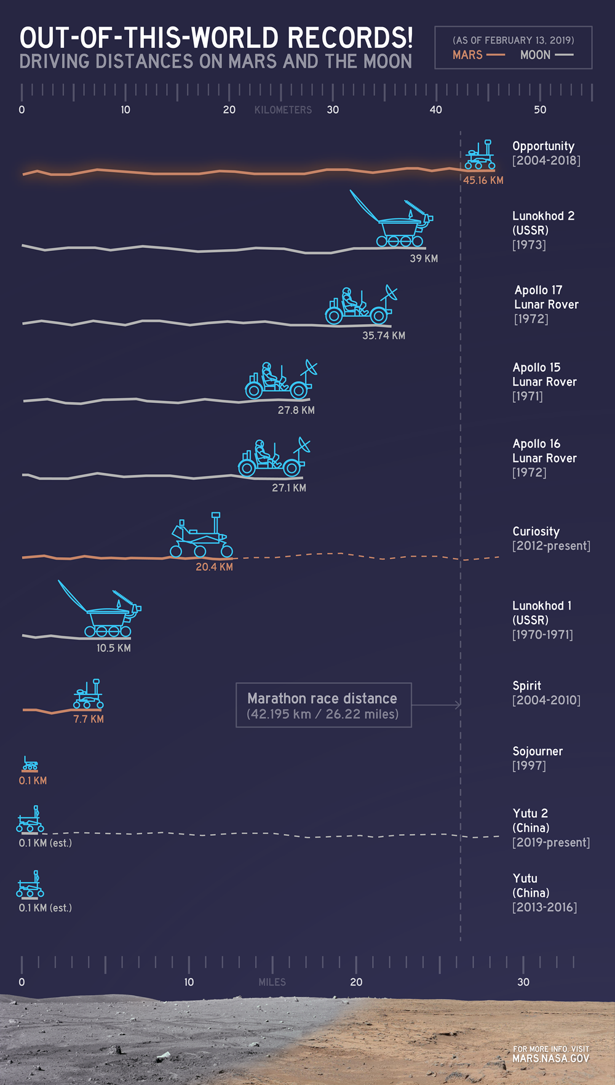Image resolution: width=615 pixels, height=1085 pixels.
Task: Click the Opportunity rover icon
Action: (480, 155)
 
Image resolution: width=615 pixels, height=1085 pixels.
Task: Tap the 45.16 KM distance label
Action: (483, 180)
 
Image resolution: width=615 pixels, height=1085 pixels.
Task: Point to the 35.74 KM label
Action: (383, 335)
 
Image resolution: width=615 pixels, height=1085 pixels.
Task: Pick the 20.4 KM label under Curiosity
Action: (214, 567)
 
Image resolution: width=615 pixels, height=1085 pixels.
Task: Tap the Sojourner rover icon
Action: (30, 764)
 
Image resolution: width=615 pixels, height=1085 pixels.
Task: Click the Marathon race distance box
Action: (323, 705)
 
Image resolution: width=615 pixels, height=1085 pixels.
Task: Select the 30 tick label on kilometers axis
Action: (333, 109)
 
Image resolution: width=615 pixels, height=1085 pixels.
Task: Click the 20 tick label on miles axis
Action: (356, 982)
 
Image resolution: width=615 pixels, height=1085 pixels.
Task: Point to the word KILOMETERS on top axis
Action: (283, 110)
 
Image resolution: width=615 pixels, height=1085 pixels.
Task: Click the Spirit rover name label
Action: (526, 686)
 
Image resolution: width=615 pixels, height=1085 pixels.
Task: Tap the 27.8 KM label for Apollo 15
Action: (296, 410)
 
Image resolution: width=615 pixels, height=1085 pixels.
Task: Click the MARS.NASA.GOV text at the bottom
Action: (550, 1059)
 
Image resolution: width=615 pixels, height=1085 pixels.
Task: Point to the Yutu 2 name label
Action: (530, 813)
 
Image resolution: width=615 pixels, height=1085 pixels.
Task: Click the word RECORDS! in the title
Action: (350, 38)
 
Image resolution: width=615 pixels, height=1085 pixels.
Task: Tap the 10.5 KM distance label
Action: (113, 648)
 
